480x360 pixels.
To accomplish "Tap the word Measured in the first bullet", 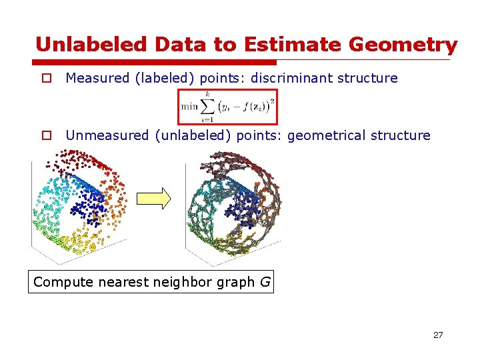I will pyautogui.click(x=97, y=78).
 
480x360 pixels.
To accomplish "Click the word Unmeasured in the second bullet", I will pyautogui.click(x=107, y=135).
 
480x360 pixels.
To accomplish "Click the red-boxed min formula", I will pyautogui.click(x=227, y=107).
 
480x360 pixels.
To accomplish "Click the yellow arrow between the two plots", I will pyautogui.click(x=153, y=198).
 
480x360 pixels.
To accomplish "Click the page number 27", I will pyautogui.click(x=437, y=335).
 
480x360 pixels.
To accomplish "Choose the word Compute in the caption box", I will pyautogui.click(x=63, y=282).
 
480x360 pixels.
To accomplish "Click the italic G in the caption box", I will pyautogui.click(x=265, y=282).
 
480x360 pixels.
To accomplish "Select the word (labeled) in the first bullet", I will pyautogui.click(x=163, y=78).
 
